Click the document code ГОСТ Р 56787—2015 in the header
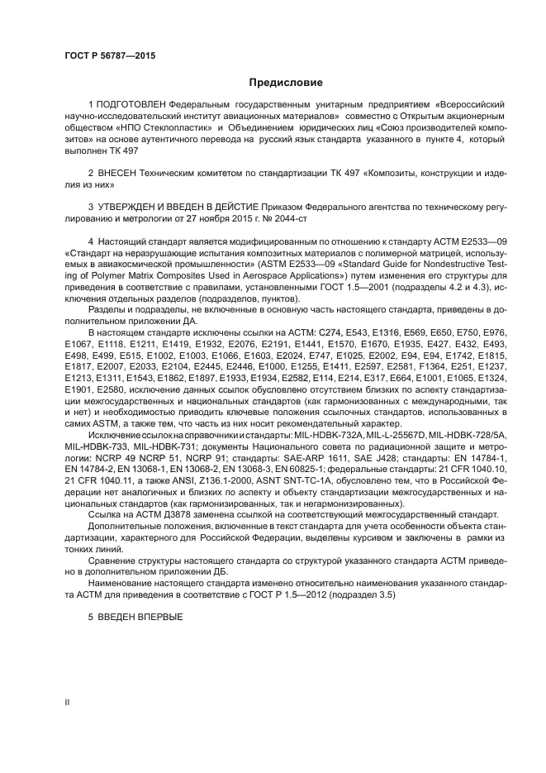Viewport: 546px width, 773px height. coord(109,55)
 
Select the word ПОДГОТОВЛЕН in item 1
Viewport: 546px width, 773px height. coord(131,106)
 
